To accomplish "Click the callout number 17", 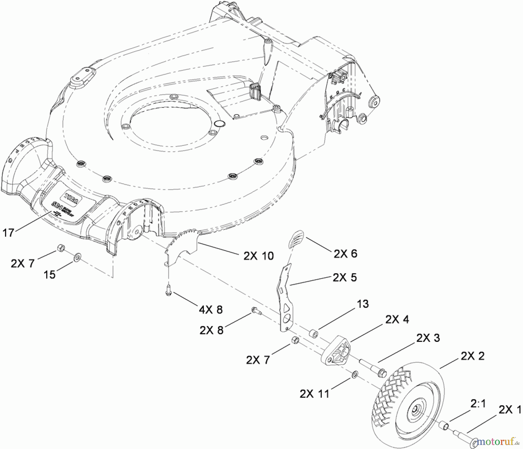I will [8, 233].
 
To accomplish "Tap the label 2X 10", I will [258, 256].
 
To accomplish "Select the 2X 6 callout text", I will [345, 254].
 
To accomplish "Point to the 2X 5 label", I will [345, 277].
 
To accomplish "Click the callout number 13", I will [363, 304].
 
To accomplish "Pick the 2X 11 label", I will [315, 394].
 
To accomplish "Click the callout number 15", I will [50, 274].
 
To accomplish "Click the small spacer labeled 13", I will [313, 333].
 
